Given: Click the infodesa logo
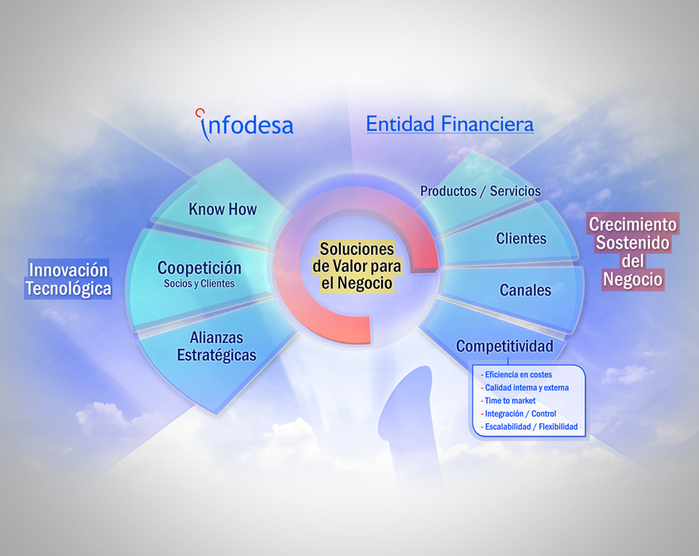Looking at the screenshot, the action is [245, 125].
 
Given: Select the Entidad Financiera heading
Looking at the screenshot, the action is [450, 123].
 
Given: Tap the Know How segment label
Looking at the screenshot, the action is [222, 209].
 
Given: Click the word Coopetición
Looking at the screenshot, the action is [199, 268].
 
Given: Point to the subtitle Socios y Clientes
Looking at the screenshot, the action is [199, 284].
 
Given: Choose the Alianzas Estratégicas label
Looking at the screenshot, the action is [217, 346].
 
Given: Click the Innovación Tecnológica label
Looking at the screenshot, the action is [68, 279].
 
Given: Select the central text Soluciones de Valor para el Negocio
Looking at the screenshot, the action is [357, 266].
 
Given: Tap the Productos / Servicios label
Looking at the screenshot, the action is [480, 191].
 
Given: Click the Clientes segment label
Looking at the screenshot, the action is [521, 238].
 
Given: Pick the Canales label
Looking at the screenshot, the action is [525, 290].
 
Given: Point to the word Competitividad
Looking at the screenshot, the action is [504, 346].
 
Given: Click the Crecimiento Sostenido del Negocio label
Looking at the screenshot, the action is [632, 252].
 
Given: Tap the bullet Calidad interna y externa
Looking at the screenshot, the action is [525, 388].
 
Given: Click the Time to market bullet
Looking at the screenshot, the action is [508, 400].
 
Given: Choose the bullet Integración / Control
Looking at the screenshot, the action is [519, 413].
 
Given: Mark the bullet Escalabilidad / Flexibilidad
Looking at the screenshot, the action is [529, 427].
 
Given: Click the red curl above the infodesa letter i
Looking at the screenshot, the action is [200, 112].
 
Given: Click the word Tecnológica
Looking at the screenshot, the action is [68, 288].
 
